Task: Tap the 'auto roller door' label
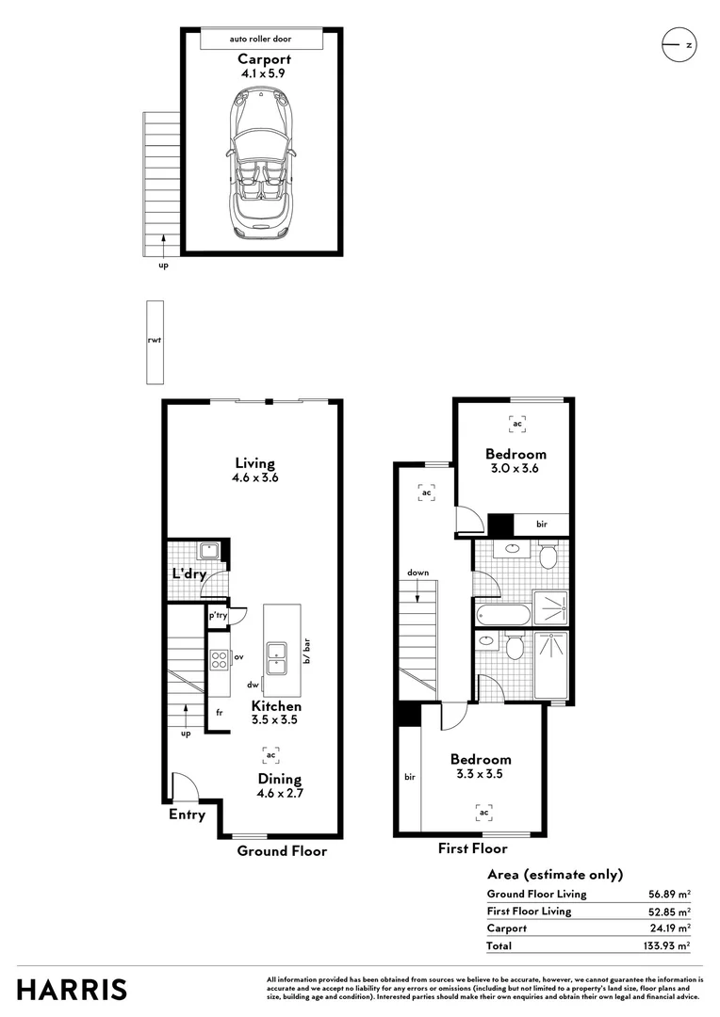[262, 40]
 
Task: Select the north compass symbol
[678, 44]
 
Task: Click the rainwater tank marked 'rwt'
[155, 343]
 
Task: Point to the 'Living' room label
[255, 463]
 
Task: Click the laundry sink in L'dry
[209, 552]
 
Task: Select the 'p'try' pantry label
[218, 616]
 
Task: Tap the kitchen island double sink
[277, 657]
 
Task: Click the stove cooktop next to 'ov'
[218, 659]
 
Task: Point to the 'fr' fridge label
[218, 713]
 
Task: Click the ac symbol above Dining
[270, 754]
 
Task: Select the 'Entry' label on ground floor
[187, 815]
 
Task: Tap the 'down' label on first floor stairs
[418, 573]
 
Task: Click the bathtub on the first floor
[500, 615]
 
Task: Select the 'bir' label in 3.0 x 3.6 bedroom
[542, 525]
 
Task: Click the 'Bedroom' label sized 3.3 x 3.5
[481, 759]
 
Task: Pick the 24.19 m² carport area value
[669, 928]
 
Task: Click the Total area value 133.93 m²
[666, 945]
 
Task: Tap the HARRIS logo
[72, 990]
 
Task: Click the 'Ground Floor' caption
[282, 851]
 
